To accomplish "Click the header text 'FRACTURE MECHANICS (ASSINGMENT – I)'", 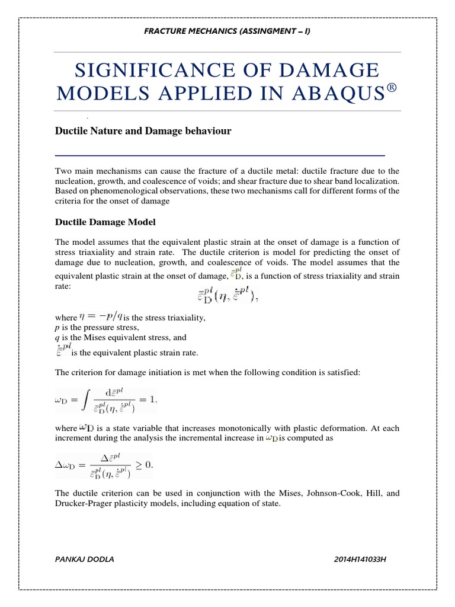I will [227, 31].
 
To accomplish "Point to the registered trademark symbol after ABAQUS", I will [389, 90].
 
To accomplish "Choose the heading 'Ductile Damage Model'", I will [105, 222].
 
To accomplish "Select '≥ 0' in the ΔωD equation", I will [143, 465].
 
